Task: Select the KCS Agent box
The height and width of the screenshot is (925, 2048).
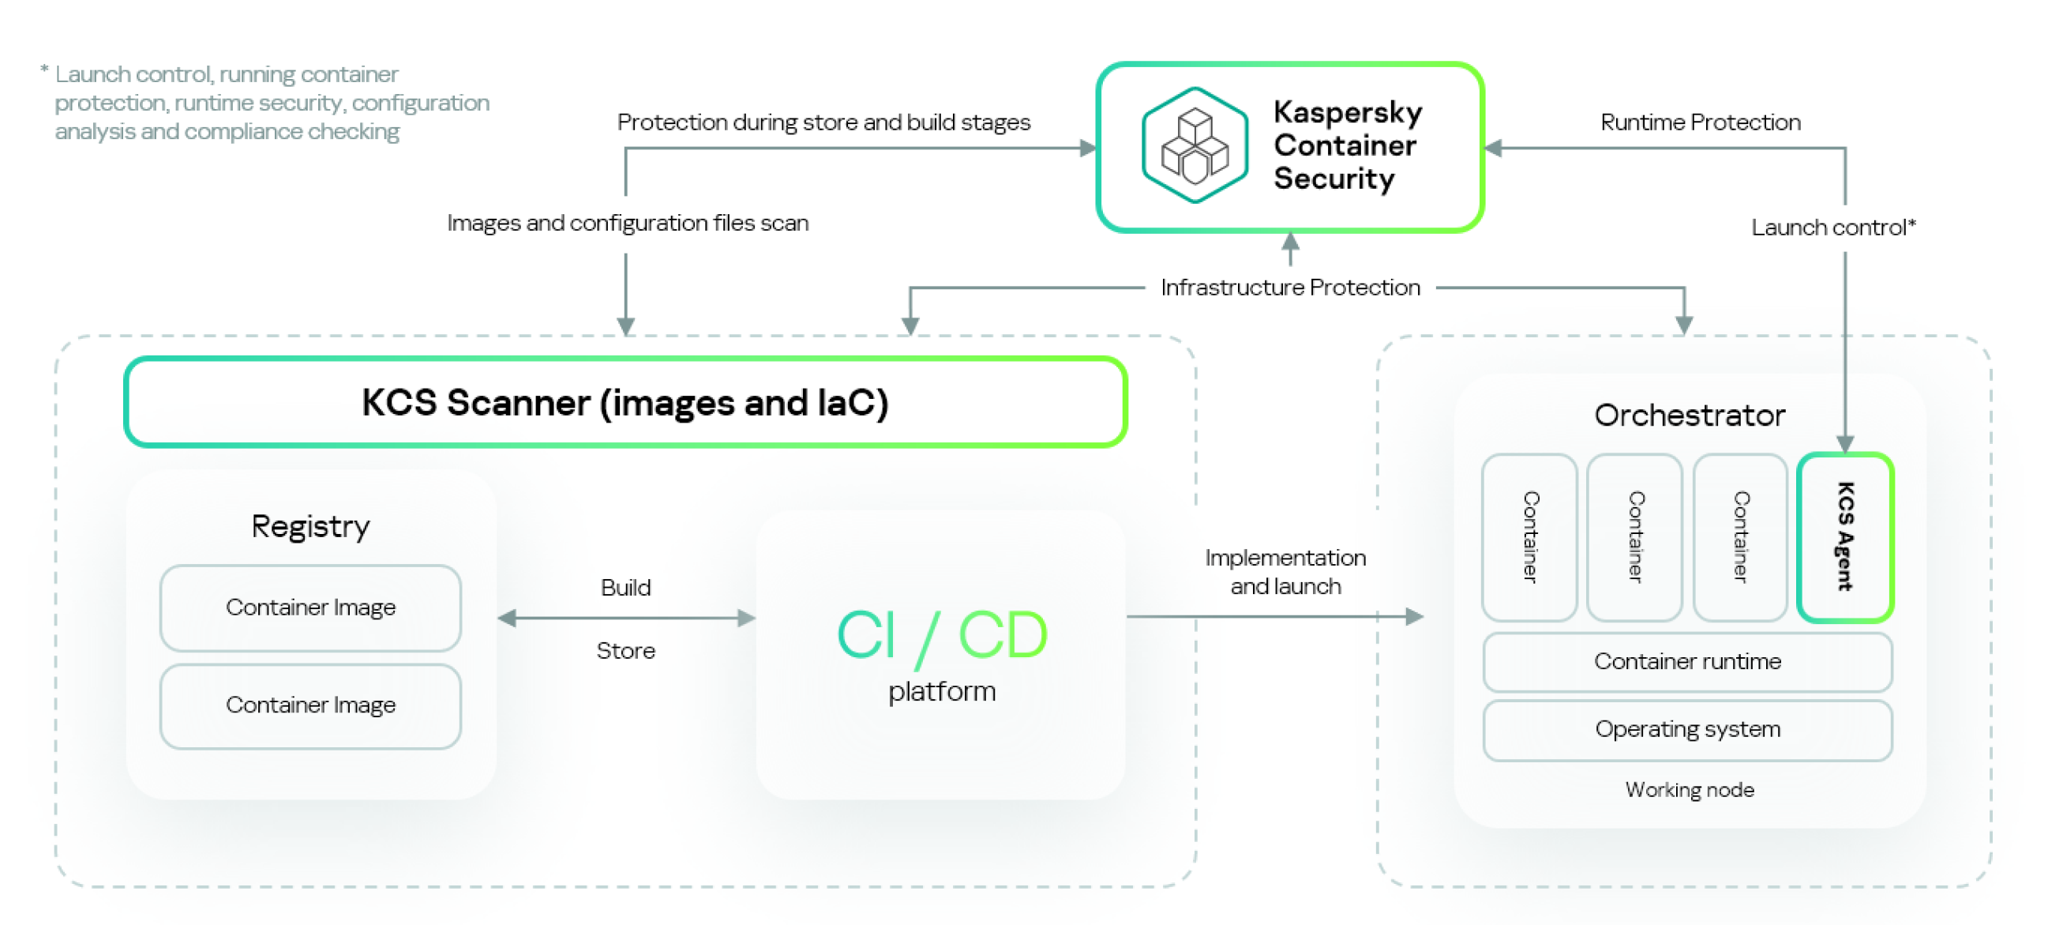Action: coord(1844,537)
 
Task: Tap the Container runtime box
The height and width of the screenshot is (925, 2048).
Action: coord(1687,662)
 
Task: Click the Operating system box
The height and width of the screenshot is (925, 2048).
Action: coord(1687,729)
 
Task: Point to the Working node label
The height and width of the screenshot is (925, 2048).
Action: coord(1689,790)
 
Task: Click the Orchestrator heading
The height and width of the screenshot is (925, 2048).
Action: coord(1690,415)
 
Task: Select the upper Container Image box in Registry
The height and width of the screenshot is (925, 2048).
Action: coord(310,607)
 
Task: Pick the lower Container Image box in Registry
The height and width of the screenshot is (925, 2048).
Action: coord(310,705)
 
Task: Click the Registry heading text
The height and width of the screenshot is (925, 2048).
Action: coord(310,527)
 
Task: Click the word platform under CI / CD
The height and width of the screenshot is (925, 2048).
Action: coord(941,691)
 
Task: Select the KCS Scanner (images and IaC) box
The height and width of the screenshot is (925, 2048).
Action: coord(625,402)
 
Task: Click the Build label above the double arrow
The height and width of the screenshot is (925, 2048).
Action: coord(625,588)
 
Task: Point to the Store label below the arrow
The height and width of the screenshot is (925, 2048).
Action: coord(625,651)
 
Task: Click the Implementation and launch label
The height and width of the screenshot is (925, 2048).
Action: coord(1285,572)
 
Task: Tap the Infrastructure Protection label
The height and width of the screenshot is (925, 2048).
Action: coord(1289,287)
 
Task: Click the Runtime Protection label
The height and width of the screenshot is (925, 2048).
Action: coord(1700,122)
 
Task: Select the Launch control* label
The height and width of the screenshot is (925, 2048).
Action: coord(1832,227)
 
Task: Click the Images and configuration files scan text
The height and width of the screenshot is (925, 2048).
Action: coord(628,223)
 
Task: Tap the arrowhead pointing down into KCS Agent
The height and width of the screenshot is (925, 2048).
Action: coord(1844,444)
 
